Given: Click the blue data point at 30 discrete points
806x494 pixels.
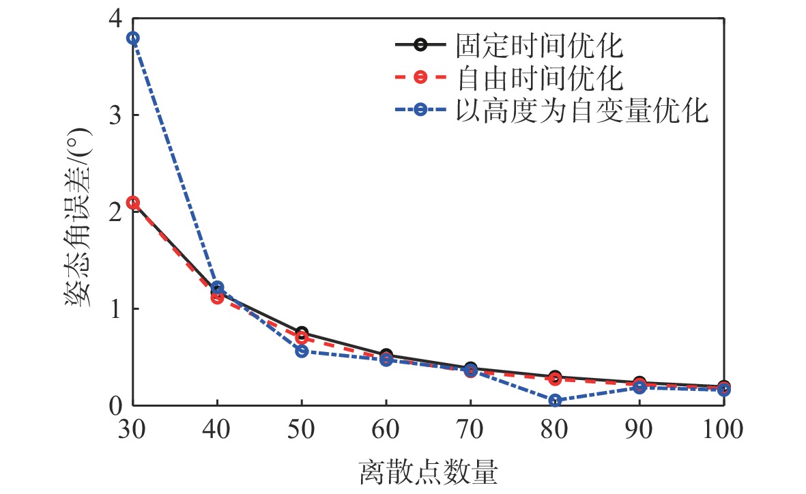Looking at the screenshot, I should (x=133, y=38).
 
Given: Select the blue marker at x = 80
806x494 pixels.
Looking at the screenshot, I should (x=555, y=401).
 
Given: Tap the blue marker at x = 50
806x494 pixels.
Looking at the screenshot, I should (x=302, y=351).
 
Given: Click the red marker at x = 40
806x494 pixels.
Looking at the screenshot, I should (x=217, y=297).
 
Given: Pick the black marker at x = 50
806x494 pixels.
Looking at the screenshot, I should (x=302, y=332).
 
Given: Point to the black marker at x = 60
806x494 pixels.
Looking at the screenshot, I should (x=386, y=355).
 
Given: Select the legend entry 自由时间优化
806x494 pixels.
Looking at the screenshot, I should (x=539, y=78).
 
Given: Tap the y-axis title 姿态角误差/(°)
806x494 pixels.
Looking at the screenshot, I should (x=81, y=212).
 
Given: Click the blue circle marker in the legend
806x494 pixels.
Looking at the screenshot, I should (x=420, y=111).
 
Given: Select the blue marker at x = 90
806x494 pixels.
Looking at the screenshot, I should (x=639, y=387).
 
